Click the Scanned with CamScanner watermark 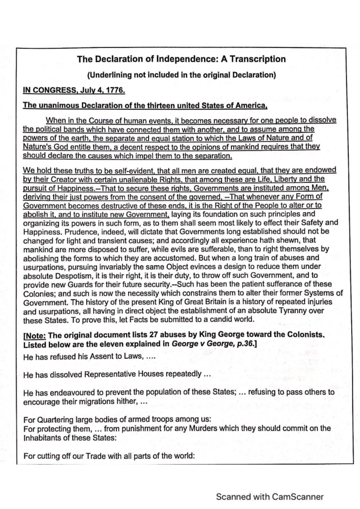tap(270, 497)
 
